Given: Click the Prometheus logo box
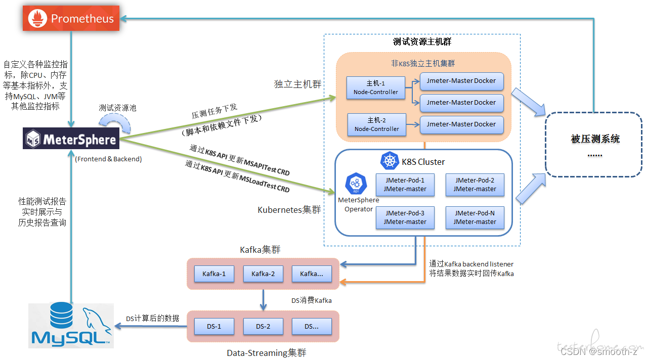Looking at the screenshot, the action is [71, 18].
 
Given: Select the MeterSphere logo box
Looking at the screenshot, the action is [71, 139].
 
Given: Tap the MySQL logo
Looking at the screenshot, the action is [71, 325].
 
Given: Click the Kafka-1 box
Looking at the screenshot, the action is [214, 274].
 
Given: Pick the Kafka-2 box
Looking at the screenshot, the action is [263, 274].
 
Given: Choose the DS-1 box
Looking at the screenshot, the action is [214, 326].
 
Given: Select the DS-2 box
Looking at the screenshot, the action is [263, 326].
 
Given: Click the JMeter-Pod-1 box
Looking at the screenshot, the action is [405, 185].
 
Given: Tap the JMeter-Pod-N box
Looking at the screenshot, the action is [475, 217].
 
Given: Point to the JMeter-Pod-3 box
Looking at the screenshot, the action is [405, 217].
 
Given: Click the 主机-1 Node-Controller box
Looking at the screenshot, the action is [376, 88].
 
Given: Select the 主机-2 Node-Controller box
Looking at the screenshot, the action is [377, 124].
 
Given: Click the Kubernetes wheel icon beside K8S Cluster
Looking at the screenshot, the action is [390, 161].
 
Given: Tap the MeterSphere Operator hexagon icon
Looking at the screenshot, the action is [356, 184].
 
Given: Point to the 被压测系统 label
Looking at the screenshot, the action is [595, 139].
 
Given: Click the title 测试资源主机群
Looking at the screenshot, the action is [422, 42].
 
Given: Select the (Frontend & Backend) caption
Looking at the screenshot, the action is [108, 159].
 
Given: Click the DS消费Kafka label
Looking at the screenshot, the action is [311, 300].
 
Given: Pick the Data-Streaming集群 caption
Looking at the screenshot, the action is [267, 353].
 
